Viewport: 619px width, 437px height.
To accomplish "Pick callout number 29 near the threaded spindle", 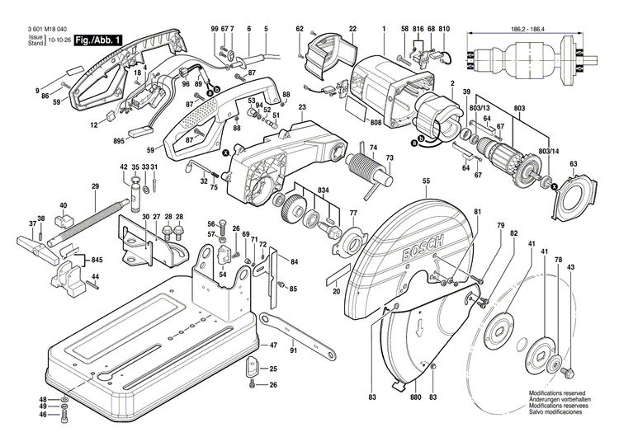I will click(95, 186).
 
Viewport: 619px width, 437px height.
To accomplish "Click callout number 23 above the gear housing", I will click(302, 108).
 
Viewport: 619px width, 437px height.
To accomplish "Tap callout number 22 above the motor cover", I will click(352, 30).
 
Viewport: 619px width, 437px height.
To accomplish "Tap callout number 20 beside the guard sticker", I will click(336, 291).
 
